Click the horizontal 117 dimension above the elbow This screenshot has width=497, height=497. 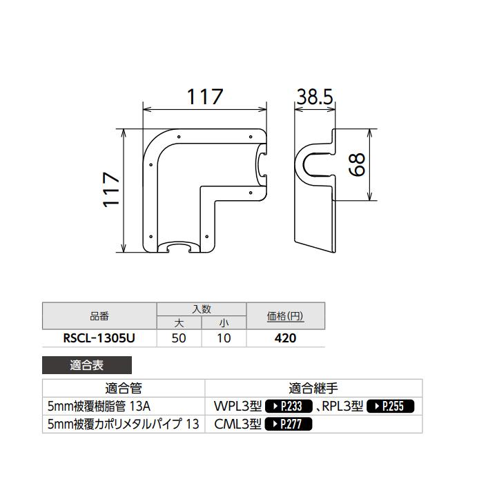[x=205, y=97]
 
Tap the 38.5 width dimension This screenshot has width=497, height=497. [x=315, y=97]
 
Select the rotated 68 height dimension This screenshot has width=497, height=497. [x=357, y=165]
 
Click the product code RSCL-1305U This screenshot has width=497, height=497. [x=99, y=338]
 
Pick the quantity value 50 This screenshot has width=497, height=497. [x=179, y=338]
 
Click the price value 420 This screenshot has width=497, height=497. [x=285, y=338]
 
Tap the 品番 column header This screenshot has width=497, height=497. [x=99, y=317]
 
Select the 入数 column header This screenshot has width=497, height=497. [x=202, y=309]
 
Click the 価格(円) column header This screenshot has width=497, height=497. [x=285, y=317]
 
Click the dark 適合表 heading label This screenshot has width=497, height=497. [x=86, y=365]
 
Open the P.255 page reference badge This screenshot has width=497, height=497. [x=390, y=407]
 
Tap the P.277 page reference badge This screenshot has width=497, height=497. [x=289, y=425]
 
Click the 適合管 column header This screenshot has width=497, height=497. [x=124, y=389]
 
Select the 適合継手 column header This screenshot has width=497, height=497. [x=313, y=389]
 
